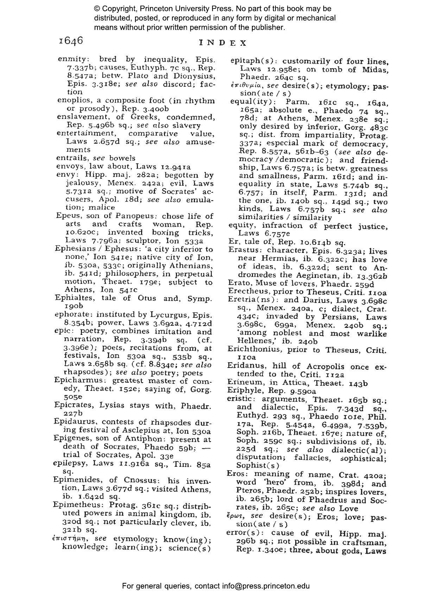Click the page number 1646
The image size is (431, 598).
tap(71, 41)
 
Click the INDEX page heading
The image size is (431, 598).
tap(223, 43)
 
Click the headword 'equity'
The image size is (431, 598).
tap(239, 226)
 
